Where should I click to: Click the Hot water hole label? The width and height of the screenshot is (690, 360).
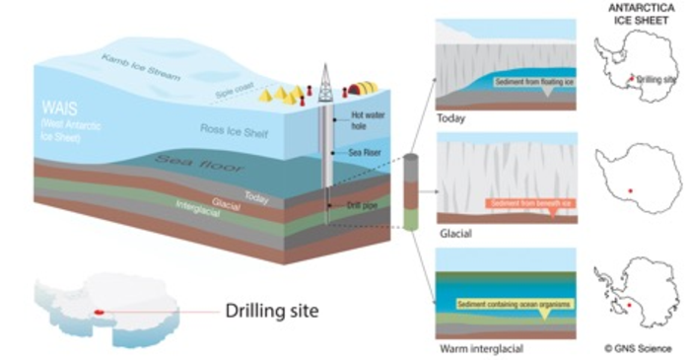[x=367, y=120]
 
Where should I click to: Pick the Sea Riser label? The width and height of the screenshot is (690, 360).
[x=367, y=154]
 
